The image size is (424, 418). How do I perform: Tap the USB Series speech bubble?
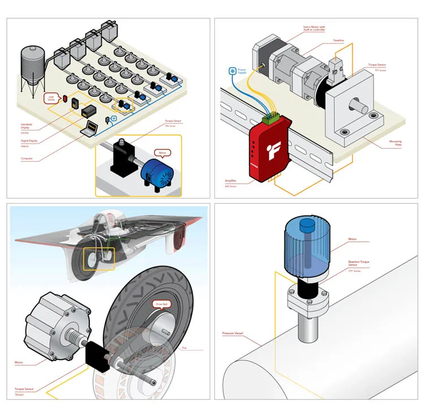pos(51,97)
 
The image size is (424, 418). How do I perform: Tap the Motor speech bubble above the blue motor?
pos(163,152)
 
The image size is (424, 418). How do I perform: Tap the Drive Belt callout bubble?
pos(162,304)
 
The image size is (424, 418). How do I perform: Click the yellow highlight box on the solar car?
pos(98,260)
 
